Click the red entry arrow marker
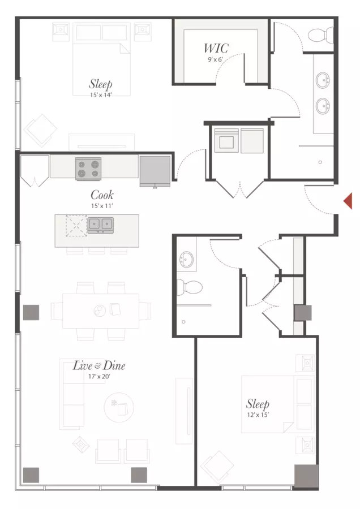tap(348, 201)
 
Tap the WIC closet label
tap(216, 49)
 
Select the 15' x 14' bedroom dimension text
tap(101, 95)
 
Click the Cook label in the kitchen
tap(102, 195)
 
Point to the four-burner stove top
tap(88, 169)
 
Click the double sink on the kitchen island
tap(100, 225)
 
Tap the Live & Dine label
tap(98, 365)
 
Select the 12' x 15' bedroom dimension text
tap(258, 415)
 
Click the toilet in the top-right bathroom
tap(320, 36)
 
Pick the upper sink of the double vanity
tap(323, 80)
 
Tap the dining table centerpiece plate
tap(100, 310)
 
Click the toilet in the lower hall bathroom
tap(189, 287)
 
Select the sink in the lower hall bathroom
tap(186, 259)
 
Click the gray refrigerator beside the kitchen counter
tap(155, 171)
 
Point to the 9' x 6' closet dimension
tap(216, 59)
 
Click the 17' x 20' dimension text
tap(99, 377)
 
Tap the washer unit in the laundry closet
tap(226, 140)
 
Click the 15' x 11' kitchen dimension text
tap(102, 206)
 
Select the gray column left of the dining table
tap(31, 312)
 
